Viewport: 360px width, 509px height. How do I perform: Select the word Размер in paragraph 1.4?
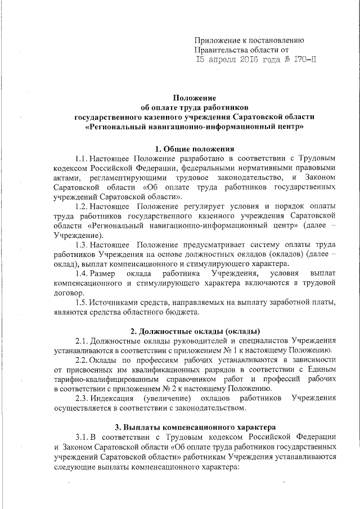[103, 274]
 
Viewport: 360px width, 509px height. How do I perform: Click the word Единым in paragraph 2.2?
[323, 370]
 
